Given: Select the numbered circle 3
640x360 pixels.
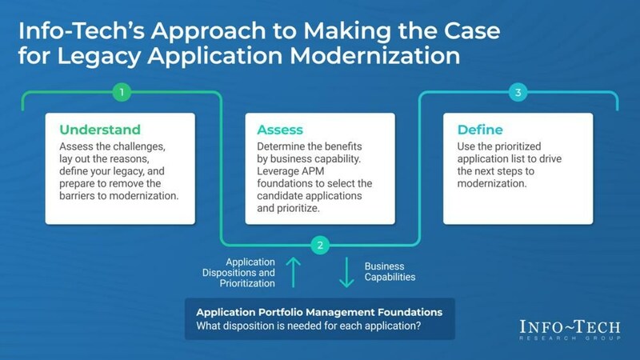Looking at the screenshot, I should (519, 92).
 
